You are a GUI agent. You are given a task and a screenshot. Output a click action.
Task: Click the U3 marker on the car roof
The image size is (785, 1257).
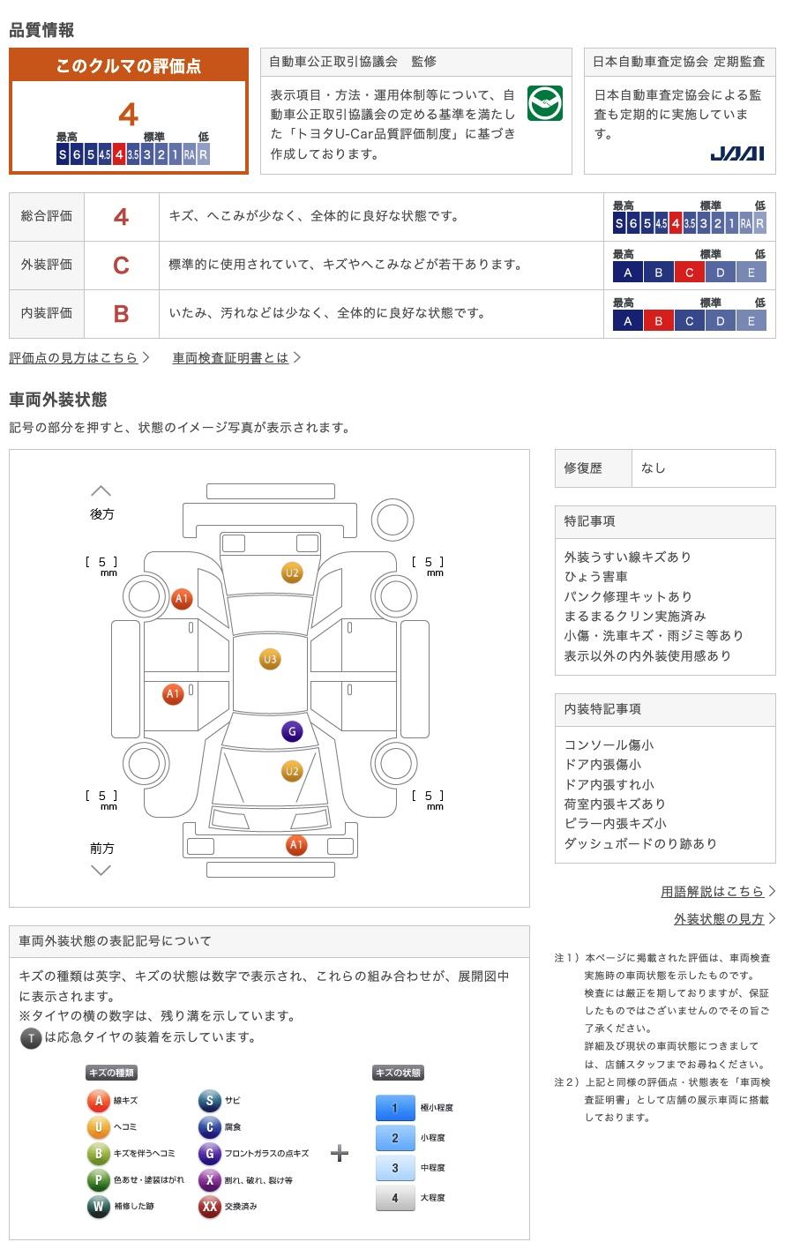tap(270, 659)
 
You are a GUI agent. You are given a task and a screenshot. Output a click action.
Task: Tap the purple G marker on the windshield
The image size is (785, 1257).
tap(292, 731)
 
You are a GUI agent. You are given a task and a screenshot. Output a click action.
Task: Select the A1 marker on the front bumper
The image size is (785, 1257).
tap(296, 845)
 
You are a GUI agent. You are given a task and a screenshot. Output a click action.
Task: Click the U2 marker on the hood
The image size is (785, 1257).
tap(292, 771)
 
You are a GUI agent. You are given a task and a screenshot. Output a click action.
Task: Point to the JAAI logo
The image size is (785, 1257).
tap(736, 153)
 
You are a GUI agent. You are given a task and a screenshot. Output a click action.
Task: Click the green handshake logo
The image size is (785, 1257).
tap(544, 104)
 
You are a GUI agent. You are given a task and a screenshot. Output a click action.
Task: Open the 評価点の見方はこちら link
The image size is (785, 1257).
tap(74, 357)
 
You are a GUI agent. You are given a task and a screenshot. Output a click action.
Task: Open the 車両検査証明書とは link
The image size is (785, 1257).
tap(231, 357)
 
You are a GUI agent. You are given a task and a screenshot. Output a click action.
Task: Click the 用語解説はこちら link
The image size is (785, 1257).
tap(712, 891)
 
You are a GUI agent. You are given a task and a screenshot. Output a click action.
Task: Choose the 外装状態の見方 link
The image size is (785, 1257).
tap(719, 918)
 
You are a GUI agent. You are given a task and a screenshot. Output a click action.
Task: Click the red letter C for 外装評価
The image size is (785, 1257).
tap(121, 265)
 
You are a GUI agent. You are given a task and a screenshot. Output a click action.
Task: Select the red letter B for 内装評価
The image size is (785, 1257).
tap(121, 313)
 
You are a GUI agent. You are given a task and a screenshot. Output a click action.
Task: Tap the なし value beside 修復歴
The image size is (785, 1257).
tap(654, 468)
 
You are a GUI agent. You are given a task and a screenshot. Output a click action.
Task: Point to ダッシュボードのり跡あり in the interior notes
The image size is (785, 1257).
tap(640, 843)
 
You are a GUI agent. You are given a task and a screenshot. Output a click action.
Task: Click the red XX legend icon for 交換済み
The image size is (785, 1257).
tap(209, 1206)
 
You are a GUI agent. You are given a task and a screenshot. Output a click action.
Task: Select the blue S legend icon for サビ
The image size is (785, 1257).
tap(209, 1100)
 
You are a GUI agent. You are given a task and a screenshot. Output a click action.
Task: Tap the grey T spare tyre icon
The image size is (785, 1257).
tap(31, 1038)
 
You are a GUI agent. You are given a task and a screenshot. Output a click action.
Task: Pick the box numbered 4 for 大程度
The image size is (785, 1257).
tap(395, 1198)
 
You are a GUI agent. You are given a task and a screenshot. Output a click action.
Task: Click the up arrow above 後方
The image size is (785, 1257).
tap(101, 490)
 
